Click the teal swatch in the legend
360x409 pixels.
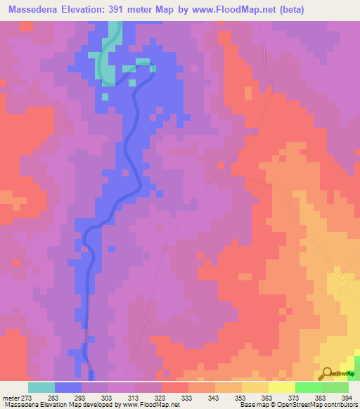click(41, 387)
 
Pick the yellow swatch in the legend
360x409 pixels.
click(281, 387)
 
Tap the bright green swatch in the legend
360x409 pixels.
click(308, 387)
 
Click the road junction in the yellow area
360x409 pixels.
click(344, 280)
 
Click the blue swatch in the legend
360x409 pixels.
click(68, 387)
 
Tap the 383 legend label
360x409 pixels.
click(321, 397)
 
